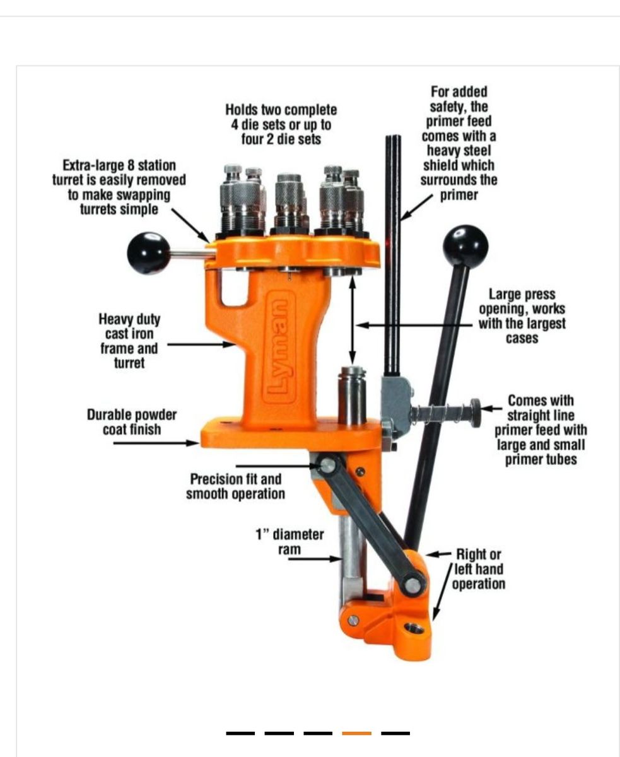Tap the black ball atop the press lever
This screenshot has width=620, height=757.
pos(465,247)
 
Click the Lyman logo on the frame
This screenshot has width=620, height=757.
pos(280,347)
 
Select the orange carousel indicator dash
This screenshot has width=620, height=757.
pos(356,733)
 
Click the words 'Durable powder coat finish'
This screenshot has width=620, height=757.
pos(132,422)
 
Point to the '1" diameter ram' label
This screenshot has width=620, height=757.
pos(290,542)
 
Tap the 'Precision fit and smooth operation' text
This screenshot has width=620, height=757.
pos(235,487)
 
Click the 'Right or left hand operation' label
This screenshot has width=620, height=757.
pos(478,569)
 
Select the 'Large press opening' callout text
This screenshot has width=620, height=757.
pos(522,316)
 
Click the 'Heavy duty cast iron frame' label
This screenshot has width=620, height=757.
pos(129,341)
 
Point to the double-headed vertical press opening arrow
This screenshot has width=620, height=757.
pos(353,321)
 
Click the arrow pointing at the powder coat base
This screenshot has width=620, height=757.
pos(156,443)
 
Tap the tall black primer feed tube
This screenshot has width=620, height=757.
pos(393,255)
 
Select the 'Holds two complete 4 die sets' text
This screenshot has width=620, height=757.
pos(281,124)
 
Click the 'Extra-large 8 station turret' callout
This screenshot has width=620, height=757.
pos(119,187)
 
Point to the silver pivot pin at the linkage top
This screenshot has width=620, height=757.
pos(328,466)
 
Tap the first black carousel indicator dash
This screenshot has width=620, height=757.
pos(240,733)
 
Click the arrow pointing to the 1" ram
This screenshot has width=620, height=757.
pos(315,558)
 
